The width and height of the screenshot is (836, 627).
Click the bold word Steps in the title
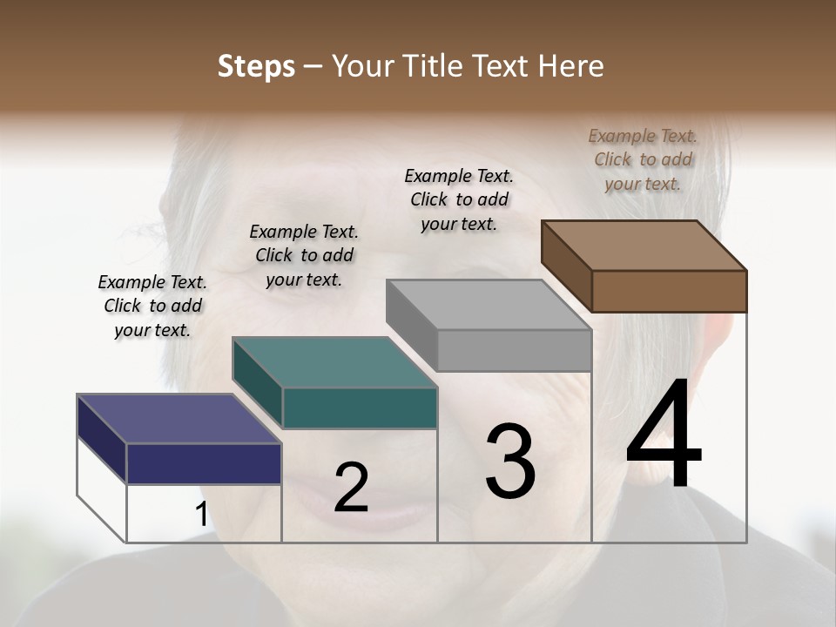coord(256,66)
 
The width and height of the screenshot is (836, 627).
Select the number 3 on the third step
coord(510,462)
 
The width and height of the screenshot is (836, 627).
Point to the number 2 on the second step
coord(351,488)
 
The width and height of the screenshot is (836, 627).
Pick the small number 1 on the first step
coord(201,515)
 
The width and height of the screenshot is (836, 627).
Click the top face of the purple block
coord(179,419)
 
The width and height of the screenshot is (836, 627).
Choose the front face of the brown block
coord(669,291)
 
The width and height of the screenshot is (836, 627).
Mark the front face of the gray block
coord(514,350)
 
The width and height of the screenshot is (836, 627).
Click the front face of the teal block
coord(360,408)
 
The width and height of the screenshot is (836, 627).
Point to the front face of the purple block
coord(204,463)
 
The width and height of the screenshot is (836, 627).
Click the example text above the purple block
coord(152,306)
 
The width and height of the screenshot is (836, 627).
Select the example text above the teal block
coord(304,255)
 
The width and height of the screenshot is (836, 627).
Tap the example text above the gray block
coord(459,199)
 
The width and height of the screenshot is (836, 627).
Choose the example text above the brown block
coord(643,159)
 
